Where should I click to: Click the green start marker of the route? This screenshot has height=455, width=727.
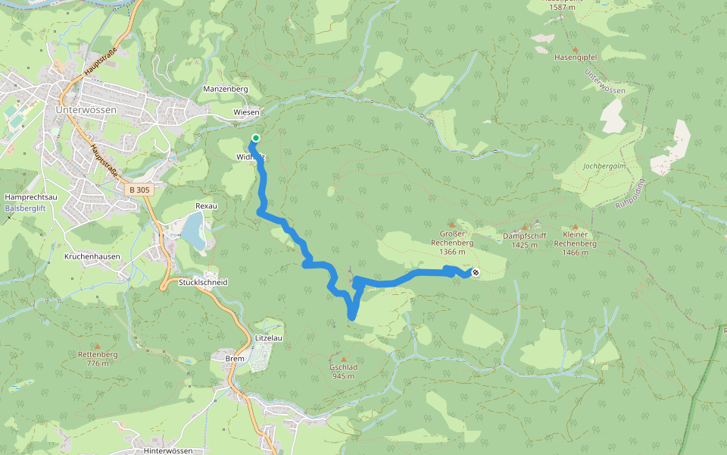click(256, 138)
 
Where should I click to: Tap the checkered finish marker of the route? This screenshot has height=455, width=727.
click(476, 272)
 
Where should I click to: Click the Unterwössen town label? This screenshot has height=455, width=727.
click(86, 109)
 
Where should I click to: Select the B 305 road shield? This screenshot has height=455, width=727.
click(140, 190)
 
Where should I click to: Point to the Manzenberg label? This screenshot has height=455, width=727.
click(226, 89)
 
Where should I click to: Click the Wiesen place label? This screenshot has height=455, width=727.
click(246, 112)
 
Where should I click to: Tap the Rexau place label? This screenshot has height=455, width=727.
click(206, 206)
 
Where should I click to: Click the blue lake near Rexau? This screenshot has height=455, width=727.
click(194, 231)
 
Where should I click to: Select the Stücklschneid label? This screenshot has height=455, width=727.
click(203, 282)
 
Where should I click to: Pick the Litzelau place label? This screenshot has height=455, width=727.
click(269, 338)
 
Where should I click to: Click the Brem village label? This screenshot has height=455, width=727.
click(235, 357)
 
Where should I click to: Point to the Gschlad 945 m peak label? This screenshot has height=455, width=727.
click(343, 371)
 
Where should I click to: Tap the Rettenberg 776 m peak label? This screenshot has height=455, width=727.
click(98, 358)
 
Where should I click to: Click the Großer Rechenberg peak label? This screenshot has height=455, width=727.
click(457, 243)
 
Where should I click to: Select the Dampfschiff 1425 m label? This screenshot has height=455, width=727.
click(524, 240)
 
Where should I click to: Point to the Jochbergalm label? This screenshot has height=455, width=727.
click(602, 166)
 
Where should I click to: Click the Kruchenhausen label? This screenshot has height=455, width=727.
click(92, 257)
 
